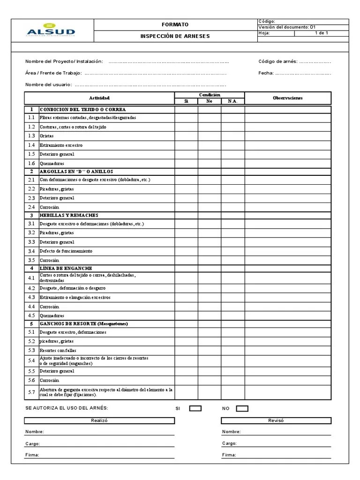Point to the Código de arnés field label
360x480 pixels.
click(x=278, y=61)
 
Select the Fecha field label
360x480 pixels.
click(x=266, y=73)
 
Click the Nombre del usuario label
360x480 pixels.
click(x=48, y=84)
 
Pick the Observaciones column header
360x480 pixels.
click(x=288, y=98)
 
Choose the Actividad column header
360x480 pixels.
click(x=99, y=98)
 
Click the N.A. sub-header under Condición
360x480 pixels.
click(x=232, y=101)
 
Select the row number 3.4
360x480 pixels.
click(x=31, y=251)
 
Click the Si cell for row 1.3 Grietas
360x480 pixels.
click(x=186, y=136)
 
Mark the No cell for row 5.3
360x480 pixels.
click(x=210, y=350)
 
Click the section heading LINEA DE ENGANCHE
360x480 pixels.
click(x=65, y=268)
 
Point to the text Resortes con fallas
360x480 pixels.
click(x=58, y=350)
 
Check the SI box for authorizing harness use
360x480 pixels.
click(x=195, y=408)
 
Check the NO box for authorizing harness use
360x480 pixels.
click(x=242, y=408)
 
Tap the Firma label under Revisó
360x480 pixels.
click(x=229, y=455)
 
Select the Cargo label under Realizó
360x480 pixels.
click(x=32, y=443)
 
